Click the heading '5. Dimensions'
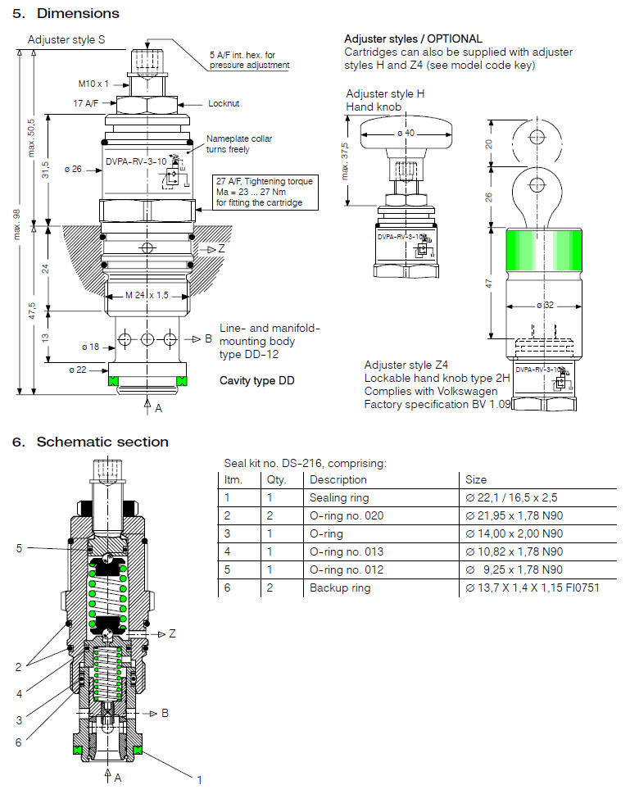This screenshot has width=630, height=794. [66, 13]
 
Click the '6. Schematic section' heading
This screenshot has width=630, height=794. [90, 442]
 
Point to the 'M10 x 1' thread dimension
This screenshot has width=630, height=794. [93, 84]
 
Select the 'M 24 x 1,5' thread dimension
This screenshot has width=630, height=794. [147, 295]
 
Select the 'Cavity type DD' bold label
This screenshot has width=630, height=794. [257, 381]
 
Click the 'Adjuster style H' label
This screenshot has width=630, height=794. [385, 93]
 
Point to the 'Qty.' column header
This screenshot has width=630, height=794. [275, 479]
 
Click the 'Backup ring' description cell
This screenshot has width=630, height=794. [339, 588]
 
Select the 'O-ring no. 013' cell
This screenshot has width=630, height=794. [346, 551]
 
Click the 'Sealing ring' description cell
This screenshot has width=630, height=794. [338, 497]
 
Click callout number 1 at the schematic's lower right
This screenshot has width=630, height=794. [198, 780]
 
